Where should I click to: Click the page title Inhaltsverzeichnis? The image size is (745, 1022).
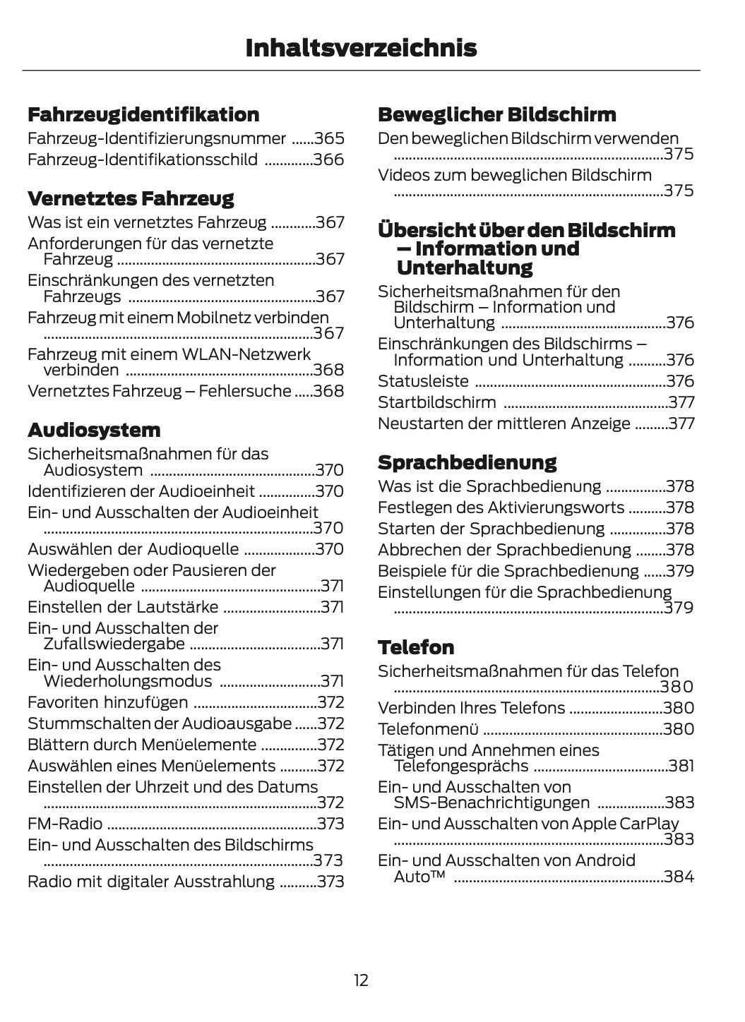coord(361,48)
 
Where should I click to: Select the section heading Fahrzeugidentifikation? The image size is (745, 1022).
coord(143,114)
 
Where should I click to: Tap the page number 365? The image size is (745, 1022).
coord(329,138)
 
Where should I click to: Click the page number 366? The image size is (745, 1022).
coord(329,160)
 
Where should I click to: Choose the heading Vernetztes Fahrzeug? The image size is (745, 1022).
coord(131,198)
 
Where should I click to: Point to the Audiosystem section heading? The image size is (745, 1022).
coord(94,430)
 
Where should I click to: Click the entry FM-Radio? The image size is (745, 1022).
coord(65,824)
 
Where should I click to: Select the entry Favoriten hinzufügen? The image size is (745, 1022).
coord(108,702)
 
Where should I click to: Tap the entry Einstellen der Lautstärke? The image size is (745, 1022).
coord(123,607)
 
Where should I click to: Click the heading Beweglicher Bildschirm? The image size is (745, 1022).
coord(496,114)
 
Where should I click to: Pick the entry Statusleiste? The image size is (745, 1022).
coord(423,381)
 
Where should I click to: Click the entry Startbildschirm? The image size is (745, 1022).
coord(436,402)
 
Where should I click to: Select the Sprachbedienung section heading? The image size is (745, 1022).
coord(467,462)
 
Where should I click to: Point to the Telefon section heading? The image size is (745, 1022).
coord(416,647)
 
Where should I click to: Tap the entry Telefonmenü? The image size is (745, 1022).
coord(428,729)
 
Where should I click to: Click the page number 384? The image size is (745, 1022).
coord(679,877)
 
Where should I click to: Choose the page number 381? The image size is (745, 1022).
coord(681,766)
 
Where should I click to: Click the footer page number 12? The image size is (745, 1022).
coord(361,980)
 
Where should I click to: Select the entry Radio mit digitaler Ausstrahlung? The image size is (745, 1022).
coord(151,882)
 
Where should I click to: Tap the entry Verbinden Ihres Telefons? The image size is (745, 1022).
coord(471,708)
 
